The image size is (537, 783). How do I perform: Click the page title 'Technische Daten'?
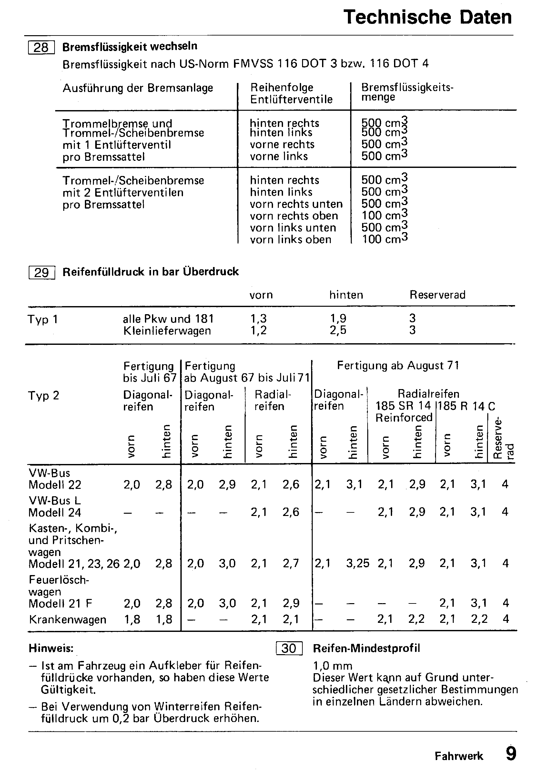pyautogui.click(x=427, y=17)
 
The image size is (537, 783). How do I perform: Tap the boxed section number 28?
pyautogui.click(x=41, y=47)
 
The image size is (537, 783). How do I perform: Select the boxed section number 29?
pyautogui.click(x=42, y=272)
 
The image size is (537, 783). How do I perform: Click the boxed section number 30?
pyautogui.click(x=289, y=648)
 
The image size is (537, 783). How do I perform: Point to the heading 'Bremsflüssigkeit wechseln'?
pyautogui.click(x=130, y=46)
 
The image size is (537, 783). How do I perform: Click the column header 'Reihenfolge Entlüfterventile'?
pyautogui.click(x=291, y=93)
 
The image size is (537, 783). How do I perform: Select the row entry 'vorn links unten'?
pyautogui.click(x=293, y=228)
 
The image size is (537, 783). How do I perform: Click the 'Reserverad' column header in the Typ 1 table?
pyautogui.click(x=437, y=295)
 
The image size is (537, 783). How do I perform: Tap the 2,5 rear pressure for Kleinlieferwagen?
pyautogui.click(x=338, y=331)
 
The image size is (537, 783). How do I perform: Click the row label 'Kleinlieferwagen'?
pyautogui.click(x=167, y=331)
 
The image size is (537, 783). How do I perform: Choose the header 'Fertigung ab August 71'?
pyautogui.click(x=398, y=366)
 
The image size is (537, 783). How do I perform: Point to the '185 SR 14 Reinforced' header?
pyautogui.click(x=403, y=412)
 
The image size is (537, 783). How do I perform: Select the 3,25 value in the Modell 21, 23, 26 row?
pyautogui.click(x=357, y=563)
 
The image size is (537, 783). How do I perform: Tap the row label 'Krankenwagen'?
pyautogui.click(x=67, y=619)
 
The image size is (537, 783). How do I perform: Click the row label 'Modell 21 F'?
pyautogui.click(x=60, y=603)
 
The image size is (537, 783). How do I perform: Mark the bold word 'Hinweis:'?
pyautogui.click(x=51, y=648)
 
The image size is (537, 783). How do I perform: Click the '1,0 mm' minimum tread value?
pyautogui.click(x=333, y=666)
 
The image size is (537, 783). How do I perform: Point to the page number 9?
pyautogui.click(x=511, y=754)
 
